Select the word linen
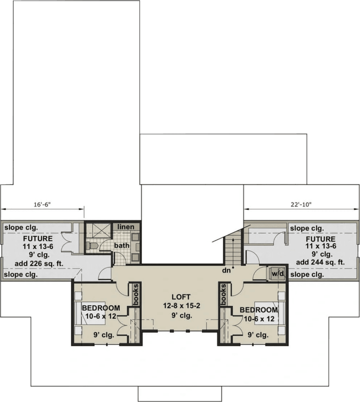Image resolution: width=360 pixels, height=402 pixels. [x=126, y=227]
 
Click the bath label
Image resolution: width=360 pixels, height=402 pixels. [x=122, y=245]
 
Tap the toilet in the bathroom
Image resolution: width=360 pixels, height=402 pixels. [x=92, y=246]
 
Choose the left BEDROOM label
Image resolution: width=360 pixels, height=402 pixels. [x=101, y=308]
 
